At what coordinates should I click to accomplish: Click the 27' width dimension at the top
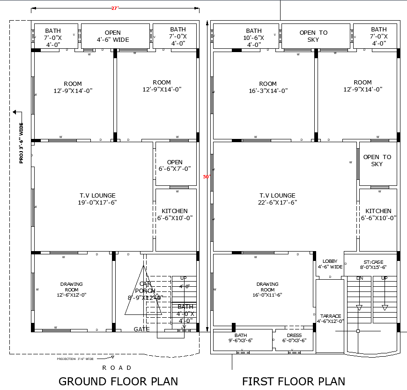(x=115, y=8)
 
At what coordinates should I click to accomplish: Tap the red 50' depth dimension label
(x=207, y=177)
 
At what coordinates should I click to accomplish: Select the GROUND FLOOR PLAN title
(x=118, y=381)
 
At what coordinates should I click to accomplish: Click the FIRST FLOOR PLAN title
(x=293, y=381)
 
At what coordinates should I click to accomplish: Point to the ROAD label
(x=117, y=367)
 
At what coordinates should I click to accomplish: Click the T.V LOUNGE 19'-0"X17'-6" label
(x=97, y=199)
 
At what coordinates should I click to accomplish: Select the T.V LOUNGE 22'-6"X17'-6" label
(x=277, y=199)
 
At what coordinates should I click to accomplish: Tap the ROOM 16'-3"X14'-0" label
(x=268, y=87)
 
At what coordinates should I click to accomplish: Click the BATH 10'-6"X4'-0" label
(x=254, y=38)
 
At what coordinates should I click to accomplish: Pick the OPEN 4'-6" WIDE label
(x=112, y=36)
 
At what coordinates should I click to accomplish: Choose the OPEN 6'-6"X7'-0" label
(x=175, y=165)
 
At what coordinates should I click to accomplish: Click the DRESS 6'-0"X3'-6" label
(x=294, y=338)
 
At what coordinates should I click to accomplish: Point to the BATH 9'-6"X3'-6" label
(x=241, y=338)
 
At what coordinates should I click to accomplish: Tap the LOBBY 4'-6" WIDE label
(x=330, y=264)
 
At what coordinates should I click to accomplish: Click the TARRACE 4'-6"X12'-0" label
(x=331, y=319)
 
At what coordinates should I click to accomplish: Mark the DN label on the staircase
(x=359, y=278)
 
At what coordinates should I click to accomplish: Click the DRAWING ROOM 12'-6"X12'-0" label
(x=71, y=289)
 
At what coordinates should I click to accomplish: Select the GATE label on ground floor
(x=141, y=329)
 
